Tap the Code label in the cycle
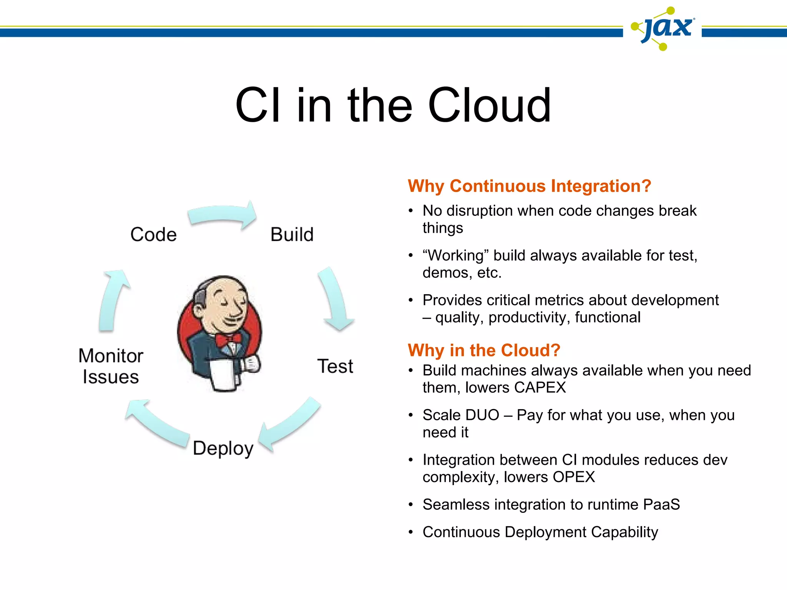tap(153, 234)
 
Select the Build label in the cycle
tap(292, 234)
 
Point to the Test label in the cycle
tap(335, 366)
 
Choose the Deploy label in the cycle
tap(223, 448)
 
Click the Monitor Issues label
tap(111, 366)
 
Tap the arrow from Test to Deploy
tap(290, 424)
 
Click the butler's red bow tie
tap(228, 340)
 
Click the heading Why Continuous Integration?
tap(529, 186)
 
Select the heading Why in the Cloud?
tap(484, 350)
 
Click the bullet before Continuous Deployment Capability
tap(411, 532)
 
